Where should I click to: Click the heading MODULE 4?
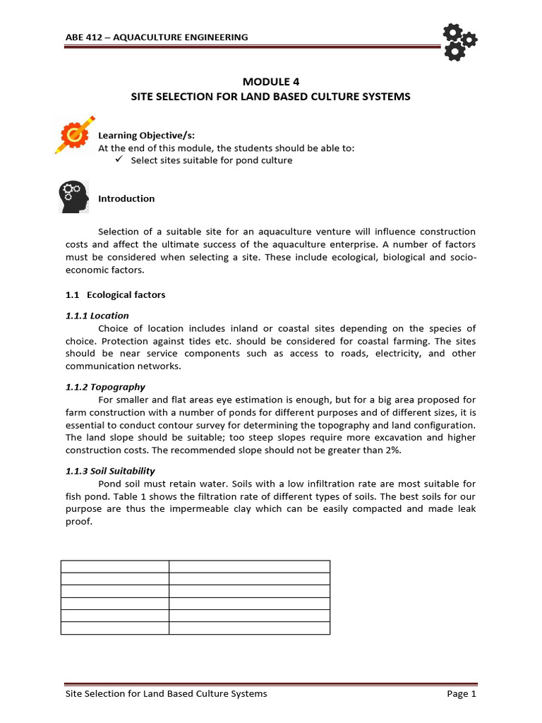pos(270,81)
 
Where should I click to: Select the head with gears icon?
pos(72,196)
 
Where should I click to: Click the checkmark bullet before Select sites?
pos(119,160)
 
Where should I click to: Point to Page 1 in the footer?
pos(462,694)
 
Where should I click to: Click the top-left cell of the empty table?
pos(114,566)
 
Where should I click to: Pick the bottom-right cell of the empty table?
pos(249,628)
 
